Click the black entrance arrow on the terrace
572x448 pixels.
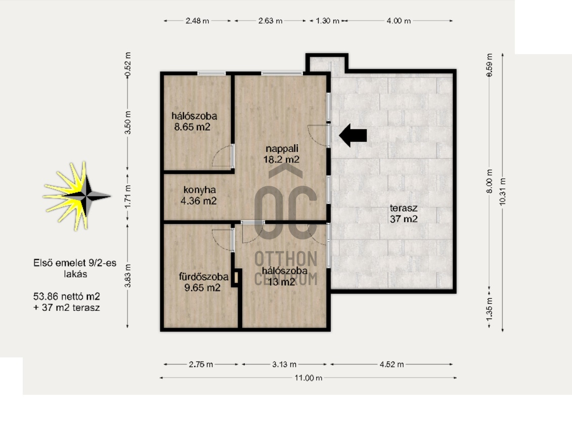[353, 136]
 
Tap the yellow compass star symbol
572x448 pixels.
[77, 196]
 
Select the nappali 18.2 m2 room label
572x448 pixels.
[282, 154]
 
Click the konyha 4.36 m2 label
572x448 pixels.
[199, 195]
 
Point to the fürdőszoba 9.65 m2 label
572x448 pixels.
[203, 282]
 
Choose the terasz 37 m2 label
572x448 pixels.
[404, 214]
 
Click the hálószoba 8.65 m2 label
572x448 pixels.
[194, 121]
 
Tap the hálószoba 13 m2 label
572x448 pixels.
[284, 276]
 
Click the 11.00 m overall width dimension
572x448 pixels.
[308, 378]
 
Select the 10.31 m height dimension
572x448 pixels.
[503, 192]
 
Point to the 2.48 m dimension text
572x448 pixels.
[197, 21]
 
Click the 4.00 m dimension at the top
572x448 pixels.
[399, 21]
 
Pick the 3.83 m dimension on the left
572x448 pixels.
[127, 276]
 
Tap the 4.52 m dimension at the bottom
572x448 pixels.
[392, 364]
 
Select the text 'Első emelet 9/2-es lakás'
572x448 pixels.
[75, 268]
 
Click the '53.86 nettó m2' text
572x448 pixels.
[66, 297]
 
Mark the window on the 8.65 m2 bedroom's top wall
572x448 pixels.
[211, 74]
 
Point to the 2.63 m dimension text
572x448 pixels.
[270, 21]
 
